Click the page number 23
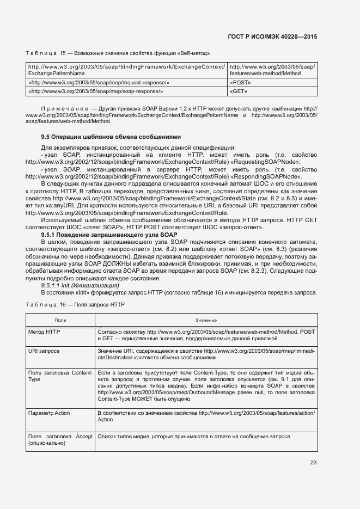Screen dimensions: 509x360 point(313,463)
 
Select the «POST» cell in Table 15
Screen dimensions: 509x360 point(240,82)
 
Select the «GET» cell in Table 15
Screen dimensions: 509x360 point(239,91)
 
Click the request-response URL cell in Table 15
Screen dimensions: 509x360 point(99,82)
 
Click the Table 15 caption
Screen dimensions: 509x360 point(118,53)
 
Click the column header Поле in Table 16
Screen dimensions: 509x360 point(60,321)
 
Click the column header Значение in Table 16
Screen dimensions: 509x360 point(205,321)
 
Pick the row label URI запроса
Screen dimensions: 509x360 point(44,351)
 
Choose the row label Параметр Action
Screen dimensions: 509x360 point(49,413)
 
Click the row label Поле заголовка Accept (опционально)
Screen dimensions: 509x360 point(60,440)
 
